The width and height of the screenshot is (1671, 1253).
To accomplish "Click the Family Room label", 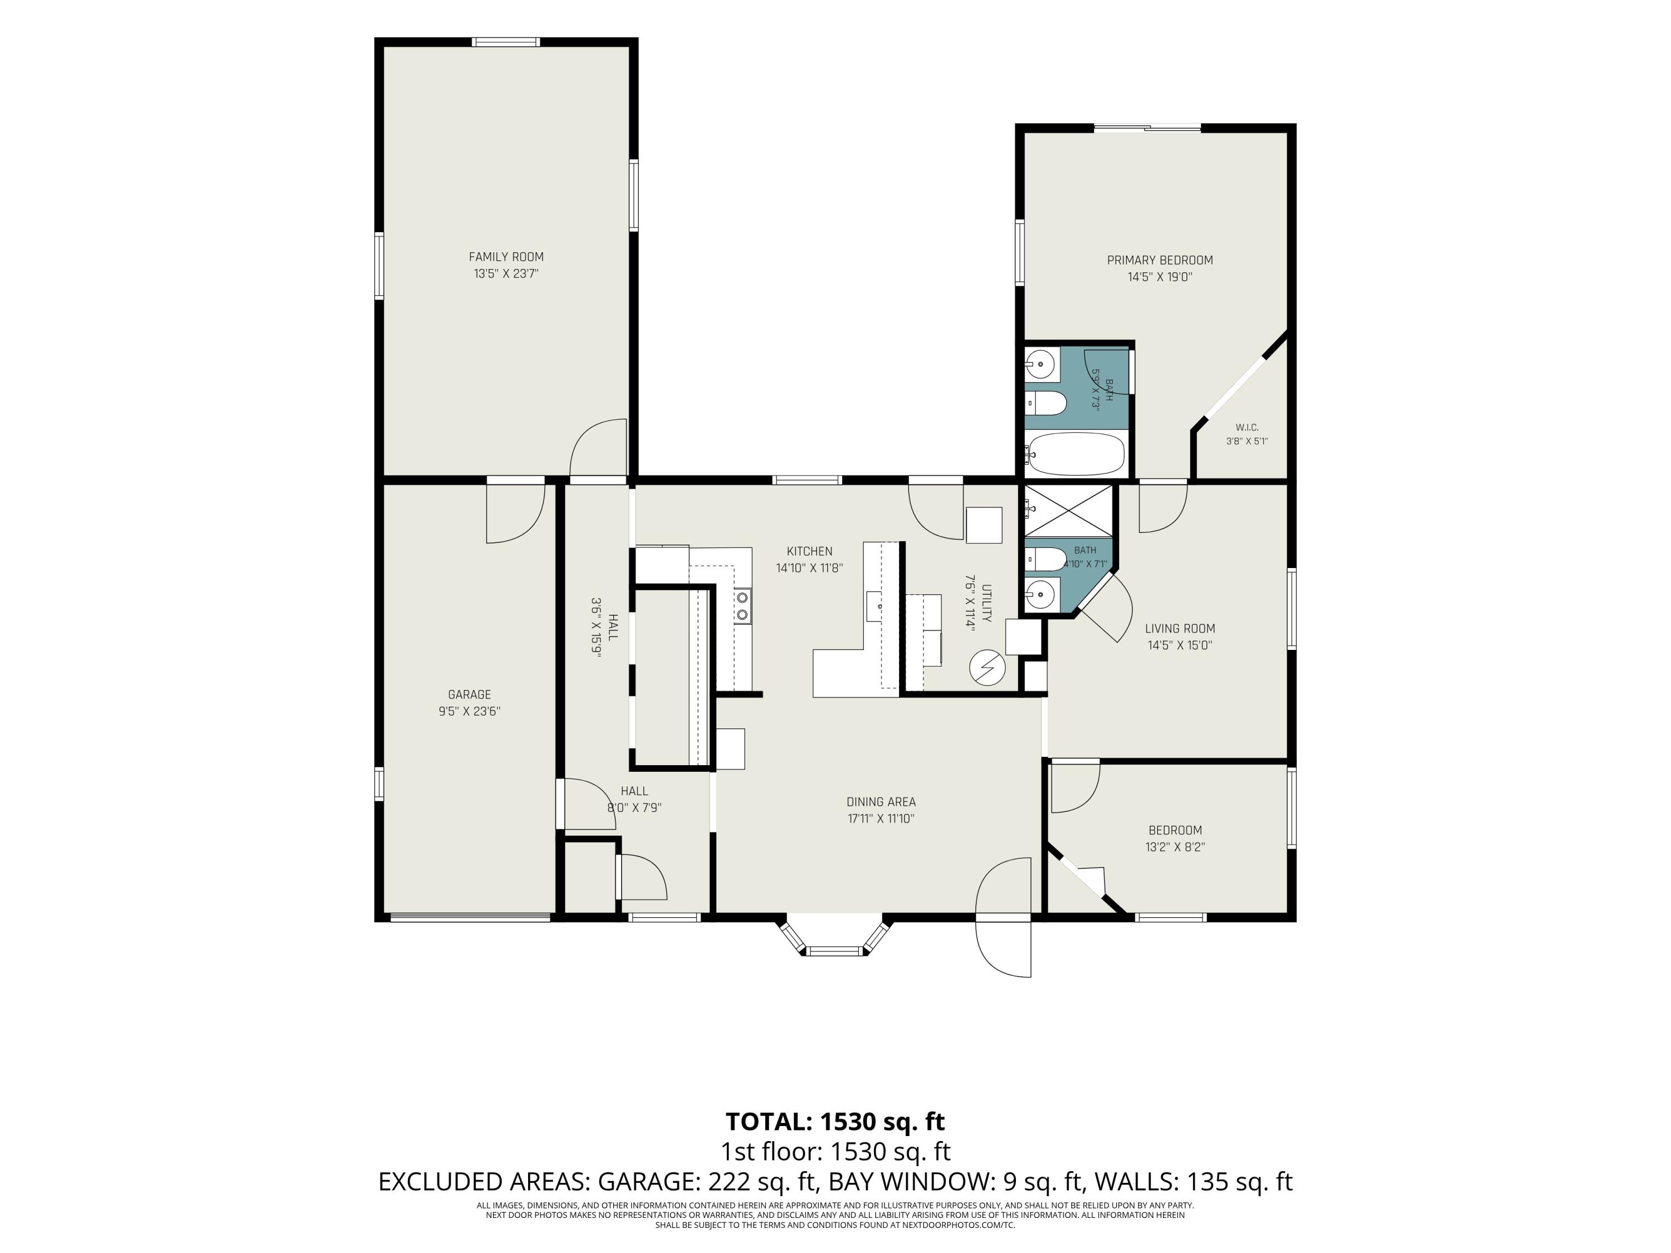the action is tap(506, 257).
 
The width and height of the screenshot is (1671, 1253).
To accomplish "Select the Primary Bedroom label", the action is tap(1160, 261).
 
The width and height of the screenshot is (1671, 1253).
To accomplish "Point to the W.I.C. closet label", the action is tap(1247, 428).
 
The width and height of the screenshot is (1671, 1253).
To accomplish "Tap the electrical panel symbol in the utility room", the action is tap(988, 668).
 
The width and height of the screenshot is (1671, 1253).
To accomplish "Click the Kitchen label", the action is tap(809, 551).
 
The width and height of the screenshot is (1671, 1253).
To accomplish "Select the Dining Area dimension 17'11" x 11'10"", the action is tap(881, 819).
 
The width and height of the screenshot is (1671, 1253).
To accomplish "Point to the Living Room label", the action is tap(1179, 628).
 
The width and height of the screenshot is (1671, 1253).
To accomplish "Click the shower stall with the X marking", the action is tap(1067, 511).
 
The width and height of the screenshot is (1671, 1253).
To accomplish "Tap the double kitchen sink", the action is tap(742, 606).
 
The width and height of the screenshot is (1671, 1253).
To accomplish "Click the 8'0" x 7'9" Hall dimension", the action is tap(634, 807).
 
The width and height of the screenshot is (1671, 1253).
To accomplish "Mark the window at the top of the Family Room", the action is tap(506, 42).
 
